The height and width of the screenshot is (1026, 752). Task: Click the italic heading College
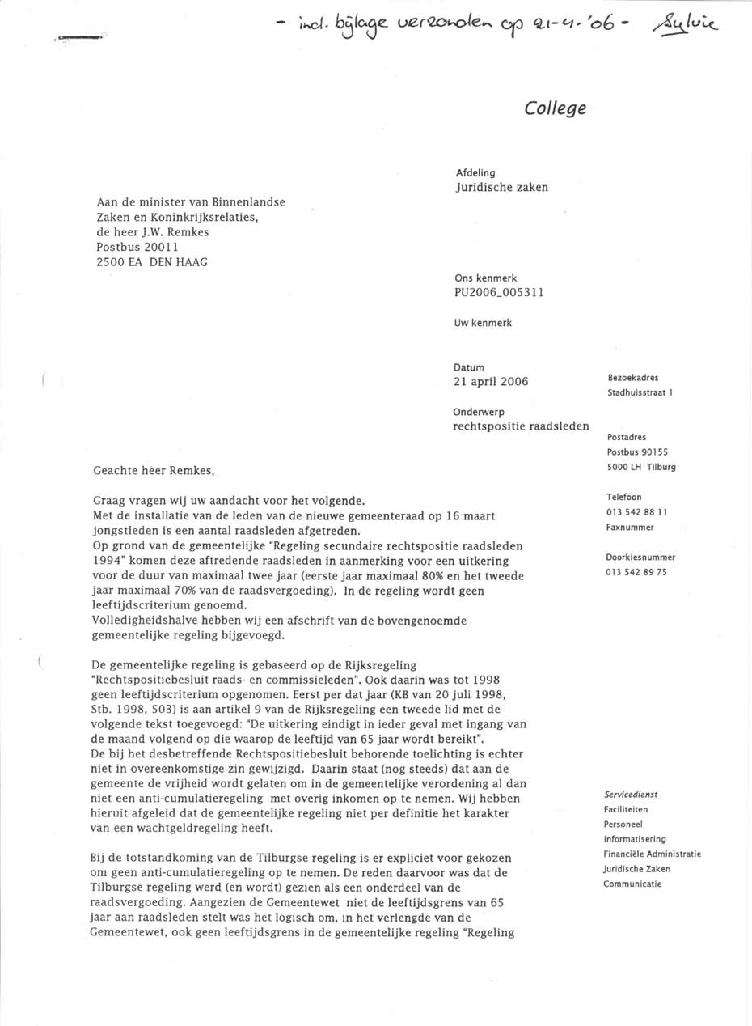click(x=555, y=108)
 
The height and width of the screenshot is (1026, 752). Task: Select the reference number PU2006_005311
click(x=499, y=292)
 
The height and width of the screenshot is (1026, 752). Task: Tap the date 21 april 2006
click(x=491, y=382)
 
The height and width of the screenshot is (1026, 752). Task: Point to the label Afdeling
click(x=475, y=173)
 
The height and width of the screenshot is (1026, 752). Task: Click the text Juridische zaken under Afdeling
click(x=502, y=188)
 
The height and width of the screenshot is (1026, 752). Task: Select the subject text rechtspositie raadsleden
click(x=521, y=426)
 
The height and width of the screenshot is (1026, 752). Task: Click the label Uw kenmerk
click(x=483, y=323)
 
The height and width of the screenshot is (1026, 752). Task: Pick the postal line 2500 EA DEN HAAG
click(x=151, y=261)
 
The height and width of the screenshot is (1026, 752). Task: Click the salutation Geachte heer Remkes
click(x=155, y=470)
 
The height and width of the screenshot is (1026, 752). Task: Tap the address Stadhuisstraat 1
click(x=640, y=393)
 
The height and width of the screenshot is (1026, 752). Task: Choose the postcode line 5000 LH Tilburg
click(x=641, y=467)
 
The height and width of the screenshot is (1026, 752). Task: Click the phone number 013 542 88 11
click(x=637, y=512)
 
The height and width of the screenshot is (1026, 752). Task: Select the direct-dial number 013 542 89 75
click(x=637, y=572)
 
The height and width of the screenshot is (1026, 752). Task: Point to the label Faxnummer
click(x=630, y=528)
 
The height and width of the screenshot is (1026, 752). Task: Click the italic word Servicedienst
click(x=631, y=795)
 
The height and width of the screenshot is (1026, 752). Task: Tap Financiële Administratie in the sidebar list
click(x=652, y=854)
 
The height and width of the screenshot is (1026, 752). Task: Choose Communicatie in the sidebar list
click(x=632, y=884)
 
